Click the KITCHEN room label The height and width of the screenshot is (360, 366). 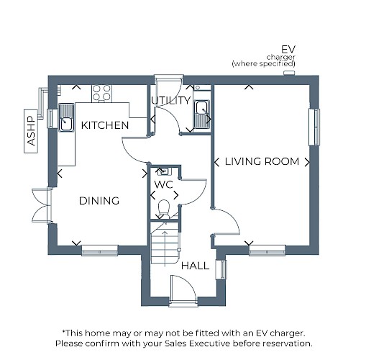(105, 125)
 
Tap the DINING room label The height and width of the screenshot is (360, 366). (99, 201)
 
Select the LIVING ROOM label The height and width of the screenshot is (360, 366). (262, 161)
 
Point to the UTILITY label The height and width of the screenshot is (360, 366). (170, 100)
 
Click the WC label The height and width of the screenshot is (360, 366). (163, 184)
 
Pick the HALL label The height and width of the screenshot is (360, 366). (195, 266)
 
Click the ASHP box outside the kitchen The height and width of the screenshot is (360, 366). (31, 131)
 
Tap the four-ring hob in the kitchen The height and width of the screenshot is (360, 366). (101, 93)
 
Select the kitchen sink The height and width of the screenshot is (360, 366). (66, 117)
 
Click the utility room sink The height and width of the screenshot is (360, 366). (202, 114)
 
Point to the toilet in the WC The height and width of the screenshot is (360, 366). (164, 209)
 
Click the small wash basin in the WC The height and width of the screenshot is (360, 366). (165, 171)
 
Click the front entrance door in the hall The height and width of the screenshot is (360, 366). (183, 290)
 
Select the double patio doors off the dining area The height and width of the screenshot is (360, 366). (42, 206)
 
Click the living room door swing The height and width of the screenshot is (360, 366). (226, 221)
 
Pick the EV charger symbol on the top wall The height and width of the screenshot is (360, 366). (289, 73)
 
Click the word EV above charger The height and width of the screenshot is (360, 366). (288, 50)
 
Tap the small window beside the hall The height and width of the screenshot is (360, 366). (221, 269)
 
